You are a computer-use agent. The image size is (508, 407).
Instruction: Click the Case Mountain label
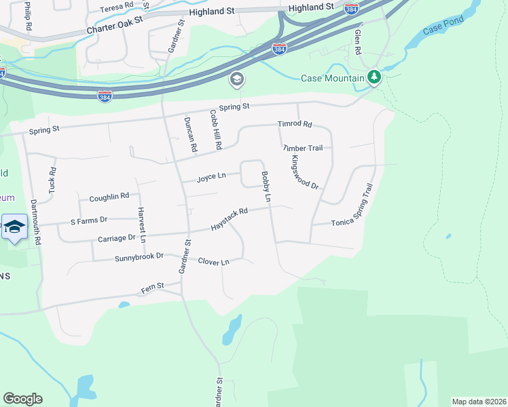click(333, 78)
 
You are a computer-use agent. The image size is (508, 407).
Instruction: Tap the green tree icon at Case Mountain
click(374, 77)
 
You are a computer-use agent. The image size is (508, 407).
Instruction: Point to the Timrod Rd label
click(294, 124)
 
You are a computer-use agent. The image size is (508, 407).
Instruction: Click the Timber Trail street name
click(307, 147)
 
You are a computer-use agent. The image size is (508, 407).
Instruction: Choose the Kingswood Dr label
click(304, 172)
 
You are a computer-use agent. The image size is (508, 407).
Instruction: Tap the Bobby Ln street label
click(266, 187)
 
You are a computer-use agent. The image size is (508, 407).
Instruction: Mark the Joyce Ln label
click(211, 178)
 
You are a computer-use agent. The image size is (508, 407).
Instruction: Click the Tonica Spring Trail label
click(352, 205)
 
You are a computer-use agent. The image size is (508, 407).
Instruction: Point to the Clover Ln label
click(213, 261)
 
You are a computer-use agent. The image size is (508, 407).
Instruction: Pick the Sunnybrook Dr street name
click(139, 257)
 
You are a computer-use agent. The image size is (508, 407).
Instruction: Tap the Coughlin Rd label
click(109, 197)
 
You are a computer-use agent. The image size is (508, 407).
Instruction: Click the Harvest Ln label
click(142, 225)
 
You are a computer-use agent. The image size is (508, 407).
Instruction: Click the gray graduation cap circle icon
click(236, 80)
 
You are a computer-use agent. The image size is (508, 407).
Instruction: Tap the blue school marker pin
click(13, 228)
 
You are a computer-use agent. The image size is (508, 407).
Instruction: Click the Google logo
click(22, 399)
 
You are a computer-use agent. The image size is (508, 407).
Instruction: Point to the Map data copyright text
click(478, 402)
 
